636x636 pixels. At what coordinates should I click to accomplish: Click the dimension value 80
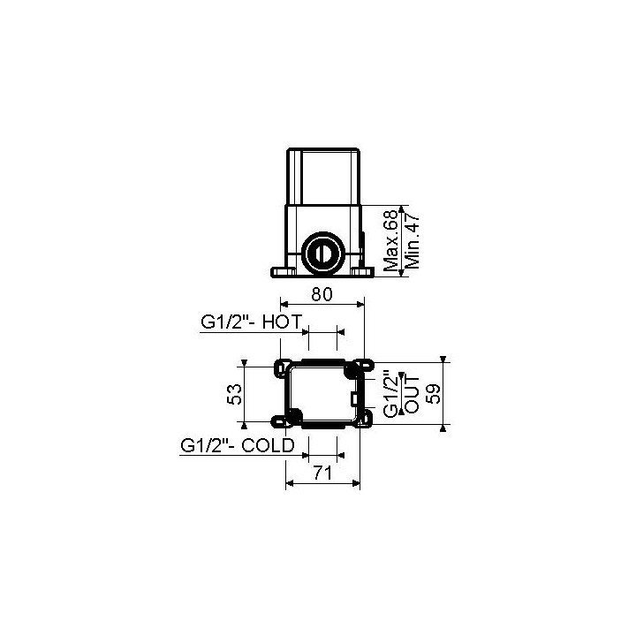pos(322,294)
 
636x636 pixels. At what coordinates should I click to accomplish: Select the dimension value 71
pos(322,473)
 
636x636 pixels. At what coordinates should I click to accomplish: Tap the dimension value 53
pos(235,394)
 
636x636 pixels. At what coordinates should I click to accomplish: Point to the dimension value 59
pos(435,394)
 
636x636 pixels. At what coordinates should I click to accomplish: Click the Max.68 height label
pos(391,240)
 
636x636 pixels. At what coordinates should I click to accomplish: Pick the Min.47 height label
pos(413,241)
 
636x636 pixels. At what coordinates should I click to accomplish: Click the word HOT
pos(283,322)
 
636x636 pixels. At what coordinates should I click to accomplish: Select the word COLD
pos(269,445)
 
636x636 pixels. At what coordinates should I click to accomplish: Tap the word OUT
pos(413,395)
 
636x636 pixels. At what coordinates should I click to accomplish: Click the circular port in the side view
pos(323,254)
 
